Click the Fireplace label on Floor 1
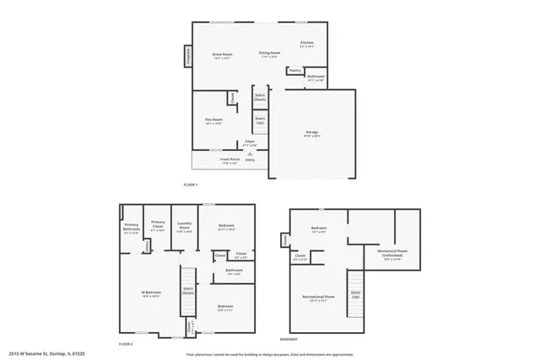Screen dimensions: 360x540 186,56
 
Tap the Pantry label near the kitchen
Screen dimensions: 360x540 294,71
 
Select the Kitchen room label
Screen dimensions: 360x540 307,45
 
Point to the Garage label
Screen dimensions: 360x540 312,133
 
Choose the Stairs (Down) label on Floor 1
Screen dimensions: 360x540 260,98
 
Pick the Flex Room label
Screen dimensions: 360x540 213,121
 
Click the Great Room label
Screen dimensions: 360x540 223,55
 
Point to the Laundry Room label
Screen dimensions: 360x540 185,227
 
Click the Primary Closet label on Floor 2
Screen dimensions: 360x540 157,227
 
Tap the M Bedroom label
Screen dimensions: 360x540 151,294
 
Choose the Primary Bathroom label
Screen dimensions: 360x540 132,227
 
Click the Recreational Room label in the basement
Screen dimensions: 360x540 319,298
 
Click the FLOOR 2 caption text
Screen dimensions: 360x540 126,345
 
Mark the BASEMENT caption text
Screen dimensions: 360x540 289,339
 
